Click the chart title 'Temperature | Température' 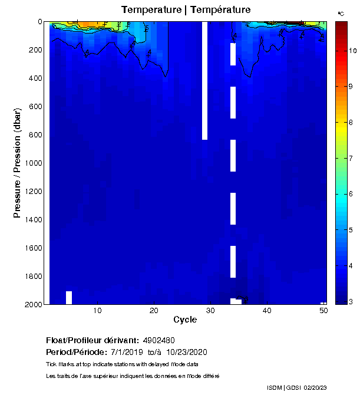(186, 10)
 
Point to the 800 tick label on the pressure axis (35, 135)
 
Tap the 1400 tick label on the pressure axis (33, 220)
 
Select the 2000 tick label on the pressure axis (33, 304)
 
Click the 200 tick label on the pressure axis (35, 50)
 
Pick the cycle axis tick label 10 (97, 311)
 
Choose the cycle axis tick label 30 (210, 311)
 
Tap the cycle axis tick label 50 (323, 311)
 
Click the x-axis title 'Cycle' (185, 320)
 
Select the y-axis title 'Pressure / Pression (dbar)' (17, 163)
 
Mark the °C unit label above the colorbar (341, 13)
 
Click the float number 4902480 (158, 340)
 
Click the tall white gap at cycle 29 (204, 81)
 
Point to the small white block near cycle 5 (69, 297)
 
